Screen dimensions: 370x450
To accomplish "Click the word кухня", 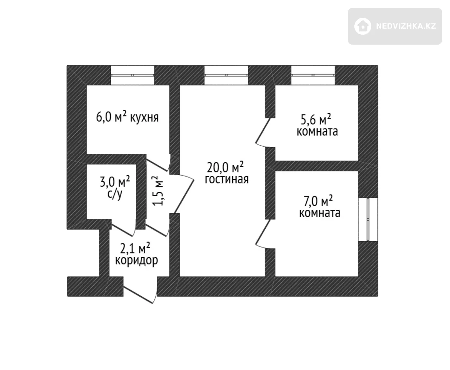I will (x=144, y=118).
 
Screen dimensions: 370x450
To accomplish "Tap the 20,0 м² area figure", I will (x=225, y=167).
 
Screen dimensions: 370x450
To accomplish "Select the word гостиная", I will (x=227, y=179).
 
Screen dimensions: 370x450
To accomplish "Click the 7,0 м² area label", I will (x=318, y=201).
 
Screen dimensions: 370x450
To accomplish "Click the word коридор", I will (x=136, y=260).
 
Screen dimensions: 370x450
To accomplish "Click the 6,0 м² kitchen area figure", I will (x=111, y=118).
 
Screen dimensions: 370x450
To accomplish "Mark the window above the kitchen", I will (x=132, y=75).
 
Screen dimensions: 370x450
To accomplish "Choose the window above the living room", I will (x=226, y=75).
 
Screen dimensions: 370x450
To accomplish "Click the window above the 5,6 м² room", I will (x=313, y=75).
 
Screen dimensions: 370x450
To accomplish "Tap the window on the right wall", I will (x=368, y=219).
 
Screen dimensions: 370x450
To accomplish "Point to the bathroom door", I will (x=124, y=227).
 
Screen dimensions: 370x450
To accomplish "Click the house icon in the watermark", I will (x=363, y=26).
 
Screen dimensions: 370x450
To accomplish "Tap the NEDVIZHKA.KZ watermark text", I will (x=406, y=26).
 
